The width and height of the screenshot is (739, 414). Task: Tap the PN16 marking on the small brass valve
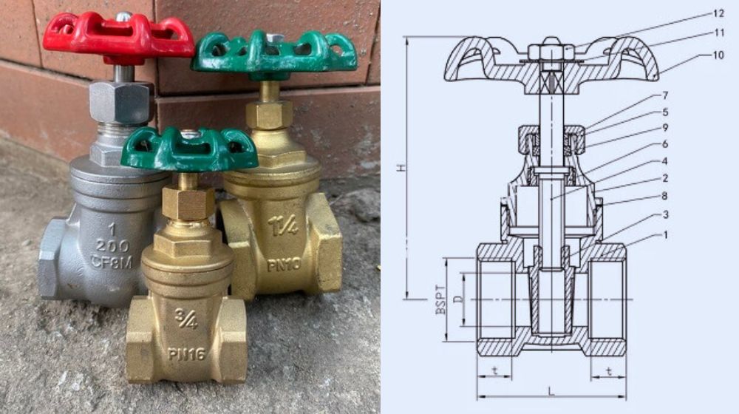pyautogui.click(x=187, y=353)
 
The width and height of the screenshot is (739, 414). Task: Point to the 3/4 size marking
pyautogui.click(x=187, y=319)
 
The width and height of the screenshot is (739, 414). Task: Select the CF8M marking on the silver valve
pyautogui.click(x=112, y=262)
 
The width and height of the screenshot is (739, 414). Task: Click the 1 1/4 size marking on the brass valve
pyautogui.click(x=284, y=225)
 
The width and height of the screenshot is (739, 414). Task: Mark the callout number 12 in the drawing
pyautogui.click(x=718, y=13)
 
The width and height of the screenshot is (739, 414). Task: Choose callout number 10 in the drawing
pyautogui.click(x=718, y=55)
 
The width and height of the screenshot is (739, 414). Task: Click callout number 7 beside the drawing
pyautogui.click(x=665, y=95)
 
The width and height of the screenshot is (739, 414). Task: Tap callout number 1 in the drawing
pyautogui.click(x=666, y=235)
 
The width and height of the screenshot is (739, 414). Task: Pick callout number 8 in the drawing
pyautogui.click(x=665, y=196)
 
